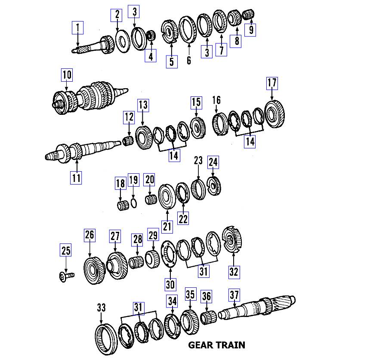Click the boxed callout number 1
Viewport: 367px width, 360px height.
[77, 29]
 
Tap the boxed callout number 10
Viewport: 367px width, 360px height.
[67, 75]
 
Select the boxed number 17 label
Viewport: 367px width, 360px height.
[272, 83]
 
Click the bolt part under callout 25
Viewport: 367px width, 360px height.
[66, 274]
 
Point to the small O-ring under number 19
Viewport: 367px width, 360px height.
[134, 203]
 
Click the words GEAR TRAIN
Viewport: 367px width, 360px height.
[216, 345]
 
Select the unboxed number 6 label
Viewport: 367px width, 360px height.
[188, 61]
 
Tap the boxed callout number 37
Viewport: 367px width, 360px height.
[234, 295]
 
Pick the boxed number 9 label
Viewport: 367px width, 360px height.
[250, 29]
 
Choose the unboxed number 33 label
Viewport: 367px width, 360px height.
[101, 308]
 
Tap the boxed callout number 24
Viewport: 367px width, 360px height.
[213, 162]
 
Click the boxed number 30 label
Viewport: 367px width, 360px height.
[170, 284]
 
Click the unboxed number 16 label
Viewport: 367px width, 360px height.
[216, 101]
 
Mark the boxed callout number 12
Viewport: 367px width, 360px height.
[129, 116]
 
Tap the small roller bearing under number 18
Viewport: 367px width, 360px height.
[121, 205]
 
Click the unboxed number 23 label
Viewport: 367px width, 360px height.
[198, 161]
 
